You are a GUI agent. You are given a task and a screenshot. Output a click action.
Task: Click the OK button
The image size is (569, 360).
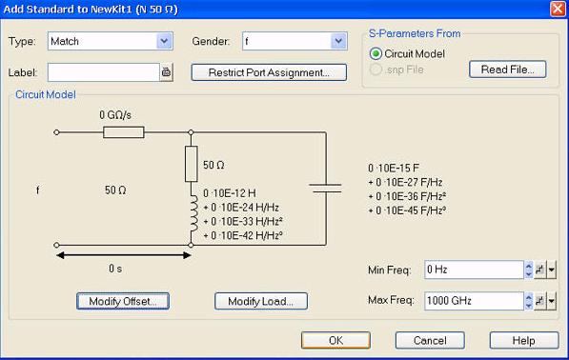[x=335, y=340]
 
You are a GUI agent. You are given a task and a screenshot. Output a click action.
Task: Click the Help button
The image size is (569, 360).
[x=524, y=340]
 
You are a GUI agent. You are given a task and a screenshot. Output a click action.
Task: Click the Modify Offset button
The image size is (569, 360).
[x=123, y=301]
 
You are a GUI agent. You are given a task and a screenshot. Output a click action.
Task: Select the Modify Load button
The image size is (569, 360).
[x=261, y=301]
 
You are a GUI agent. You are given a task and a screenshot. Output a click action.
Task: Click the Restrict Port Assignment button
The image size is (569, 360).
[x=269, y=72]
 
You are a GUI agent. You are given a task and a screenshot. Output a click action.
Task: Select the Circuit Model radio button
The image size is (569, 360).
[x=376, y=54]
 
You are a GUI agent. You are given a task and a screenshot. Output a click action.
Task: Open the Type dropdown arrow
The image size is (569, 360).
[x=164, y=41]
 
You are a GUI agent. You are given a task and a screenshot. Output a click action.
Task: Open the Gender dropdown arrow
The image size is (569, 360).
[x=338, y=41]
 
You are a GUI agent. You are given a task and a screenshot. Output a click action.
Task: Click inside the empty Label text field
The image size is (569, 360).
[x=104, y=72]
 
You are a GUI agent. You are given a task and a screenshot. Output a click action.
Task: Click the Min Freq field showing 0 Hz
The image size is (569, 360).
[x=474, y=270]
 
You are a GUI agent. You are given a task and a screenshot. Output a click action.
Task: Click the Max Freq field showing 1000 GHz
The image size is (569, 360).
[x=474, y=301]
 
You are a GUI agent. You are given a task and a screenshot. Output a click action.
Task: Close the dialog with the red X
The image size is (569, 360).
[x=558, y=9]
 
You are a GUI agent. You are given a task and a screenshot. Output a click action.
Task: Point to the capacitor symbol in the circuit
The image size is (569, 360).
[x=326, y=188]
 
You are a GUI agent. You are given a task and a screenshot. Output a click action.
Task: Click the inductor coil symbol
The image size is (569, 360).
[x=193, y=213]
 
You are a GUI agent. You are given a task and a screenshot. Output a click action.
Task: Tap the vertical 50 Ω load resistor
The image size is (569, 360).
[x=192, y=164]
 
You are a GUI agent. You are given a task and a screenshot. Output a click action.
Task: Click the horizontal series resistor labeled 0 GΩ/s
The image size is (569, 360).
[x=124, y=132]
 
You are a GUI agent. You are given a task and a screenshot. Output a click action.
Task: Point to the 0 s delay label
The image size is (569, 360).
[x=115, y=269]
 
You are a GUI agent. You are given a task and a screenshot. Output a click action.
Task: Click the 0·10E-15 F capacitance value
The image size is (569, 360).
[x=394, y=169]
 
